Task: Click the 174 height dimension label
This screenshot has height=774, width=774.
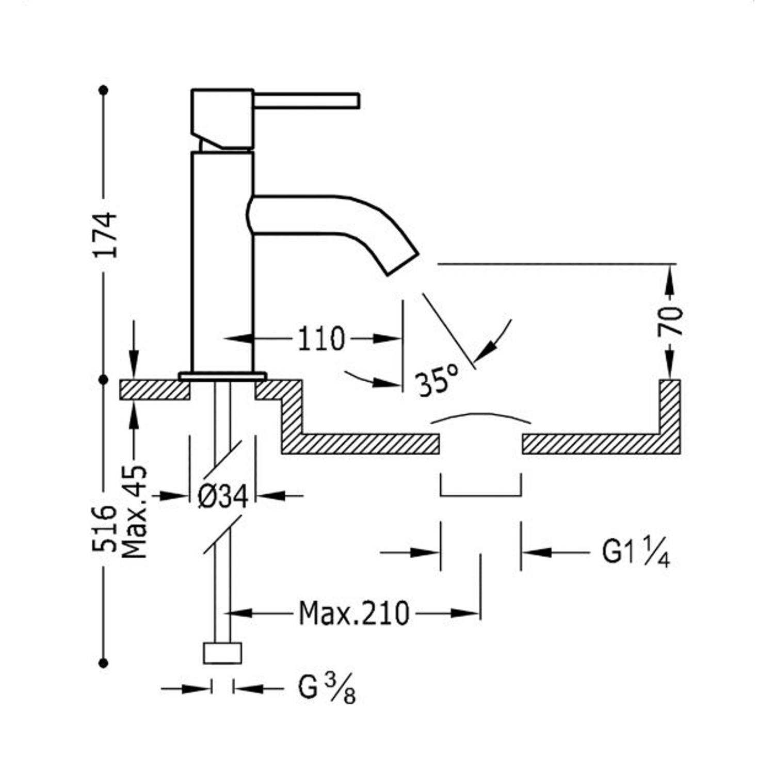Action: (106, 234)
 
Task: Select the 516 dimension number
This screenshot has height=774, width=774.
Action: (105, 528)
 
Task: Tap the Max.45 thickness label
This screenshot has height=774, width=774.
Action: (135, 512)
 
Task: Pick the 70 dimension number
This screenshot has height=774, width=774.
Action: (670, 321)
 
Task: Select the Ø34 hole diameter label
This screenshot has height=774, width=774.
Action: (223, 496)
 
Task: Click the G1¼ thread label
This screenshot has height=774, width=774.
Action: (636, 553)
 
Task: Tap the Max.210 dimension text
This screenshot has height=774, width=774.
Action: (354, 614)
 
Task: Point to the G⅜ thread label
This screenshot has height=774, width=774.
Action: (327, 688)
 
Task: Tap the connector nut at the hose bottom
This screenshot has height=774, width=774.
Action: (222, 653)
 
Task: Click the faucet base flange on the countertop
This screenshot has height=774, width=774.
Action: (222, 376)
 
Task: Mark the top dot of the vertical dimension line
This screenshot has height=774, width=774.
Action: (104, 90)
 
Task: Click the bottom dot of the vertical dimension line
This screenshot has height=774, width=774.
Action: (104, 663)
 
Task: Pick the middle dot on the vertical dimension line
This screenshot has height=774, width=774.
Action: (104, 379)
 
